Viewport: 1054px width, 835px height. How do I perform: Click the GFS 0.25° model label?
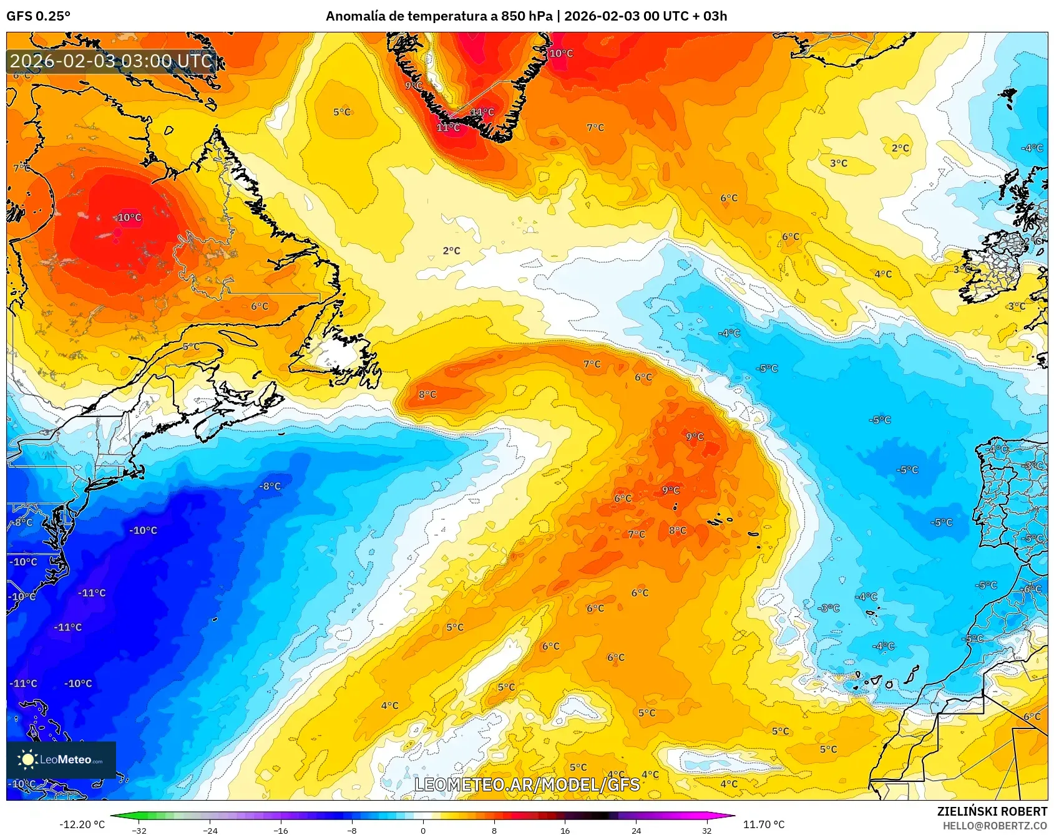(38, 16)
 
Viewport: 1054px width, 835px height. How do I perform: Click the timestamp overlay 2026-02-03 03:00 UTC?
(111, 61)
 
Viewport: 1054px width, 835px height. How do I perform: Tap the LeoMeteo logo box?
(61, 760)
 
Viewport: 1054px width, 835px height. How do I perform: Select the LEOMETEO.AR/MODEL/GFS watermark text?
(527, 784)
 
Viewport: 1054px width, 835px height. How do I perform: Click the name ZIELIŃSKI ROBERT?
(992, 811)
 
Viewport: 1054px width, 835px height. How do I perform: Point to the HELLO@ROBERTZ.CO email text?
(994, 826)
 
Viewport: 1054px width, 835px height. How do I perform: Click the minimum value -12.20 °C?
(82, 824)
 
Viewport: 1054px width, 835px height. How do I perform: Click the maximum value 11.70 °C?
(763, 824)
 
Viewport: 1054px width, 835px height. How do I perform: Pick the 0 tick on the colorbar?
(423, 831)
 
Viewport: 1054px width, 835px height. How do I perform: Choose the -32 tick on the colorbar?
(140, 831)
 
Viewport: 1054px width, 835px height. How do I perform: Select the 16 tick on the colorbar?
(565, 831)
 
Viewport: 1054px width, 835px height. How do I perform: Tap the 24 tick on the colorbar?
(636, 831)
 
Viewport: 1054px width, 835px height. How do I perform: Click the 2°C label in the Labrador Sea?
(451, 251)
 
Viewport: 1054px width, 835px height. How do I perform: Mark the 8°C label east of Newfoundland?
(427, 394)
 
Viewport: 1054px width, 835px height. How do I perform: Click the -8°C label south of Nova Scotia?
(270, 486)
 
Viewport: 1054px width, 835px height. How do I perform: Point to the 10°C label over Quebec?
(129, 217)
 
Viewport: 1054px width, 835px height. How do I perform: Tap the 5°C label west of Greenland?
(341, 112)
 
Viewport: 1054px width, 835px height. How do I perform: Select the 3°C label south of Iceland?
(839, 163)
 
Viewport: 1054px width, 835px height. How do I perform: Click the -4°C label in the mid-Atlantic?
(729, 333)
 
